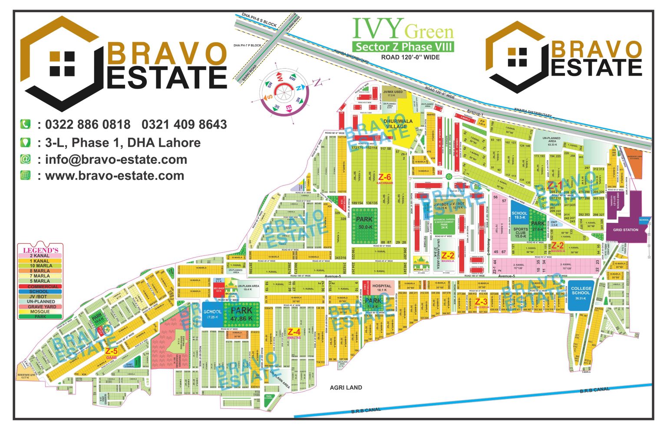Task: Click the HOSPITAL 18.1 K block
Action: tap(382, 288)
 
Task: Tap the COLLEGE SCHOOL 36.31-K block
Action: tap(581, 294)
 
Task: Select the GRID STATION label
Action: tap(625, 230)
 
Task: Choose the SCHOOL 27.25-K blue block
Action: tap(212, 314)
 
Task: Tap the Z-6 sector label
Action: tap(385, 178)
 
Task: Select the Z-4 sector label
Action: tap(294, 333)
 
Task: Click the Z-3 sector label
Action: tap(481, 302)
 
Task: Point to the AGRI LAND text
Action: tap(346, 387)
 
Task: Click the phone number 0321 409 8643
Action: tap(184, 125)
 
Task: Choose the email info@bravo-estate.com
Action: tap(116, 159)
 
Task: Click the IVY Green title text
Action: tap(403, 29)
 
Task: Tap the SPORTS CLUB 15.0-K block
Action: tap(520, 232)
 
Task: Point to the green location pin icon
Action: tap(26, 142)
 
